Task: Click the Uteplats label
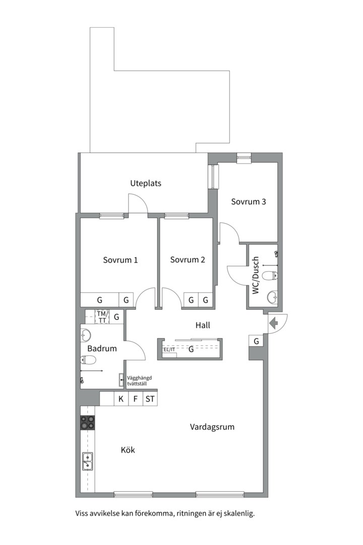coord(146,183)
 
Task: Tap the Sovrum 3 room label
coord(249,201)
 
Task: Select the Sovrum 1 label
coord(120,260)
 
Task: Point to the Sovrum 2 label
coord(188,260)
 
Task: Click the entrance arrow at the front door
coord(274,323)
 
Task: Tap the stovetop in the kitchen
coord(88,423)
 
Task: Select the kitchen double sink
coord(88,461)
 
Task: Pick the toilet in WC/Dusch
coord(270,276)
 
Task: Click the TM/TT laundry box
coord(102,316)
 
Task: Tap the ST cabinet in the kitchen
coord(150,399)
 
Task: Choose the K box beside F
coord(121,399)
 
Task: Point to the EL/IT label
coord(169,349)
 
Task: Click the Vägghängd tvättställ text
coord(139,381)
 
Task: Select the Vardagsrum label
coord(212,427)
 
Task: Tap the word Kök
coord(128,450)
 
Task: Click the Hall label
coord(203,325)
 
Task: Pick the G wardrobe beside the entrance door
coord(256,341)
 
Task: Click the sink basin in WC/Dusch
coord(272,297)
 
